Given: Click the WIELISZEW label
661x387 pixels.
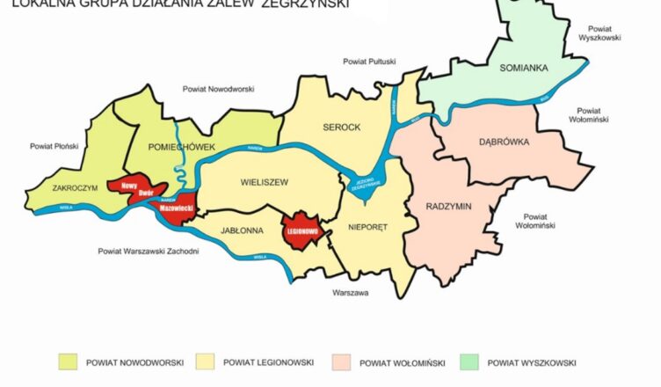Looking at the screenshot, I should tap(264, 183).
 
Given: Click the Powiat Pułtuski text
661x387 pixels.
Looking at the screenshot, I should tap(369, 62).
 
